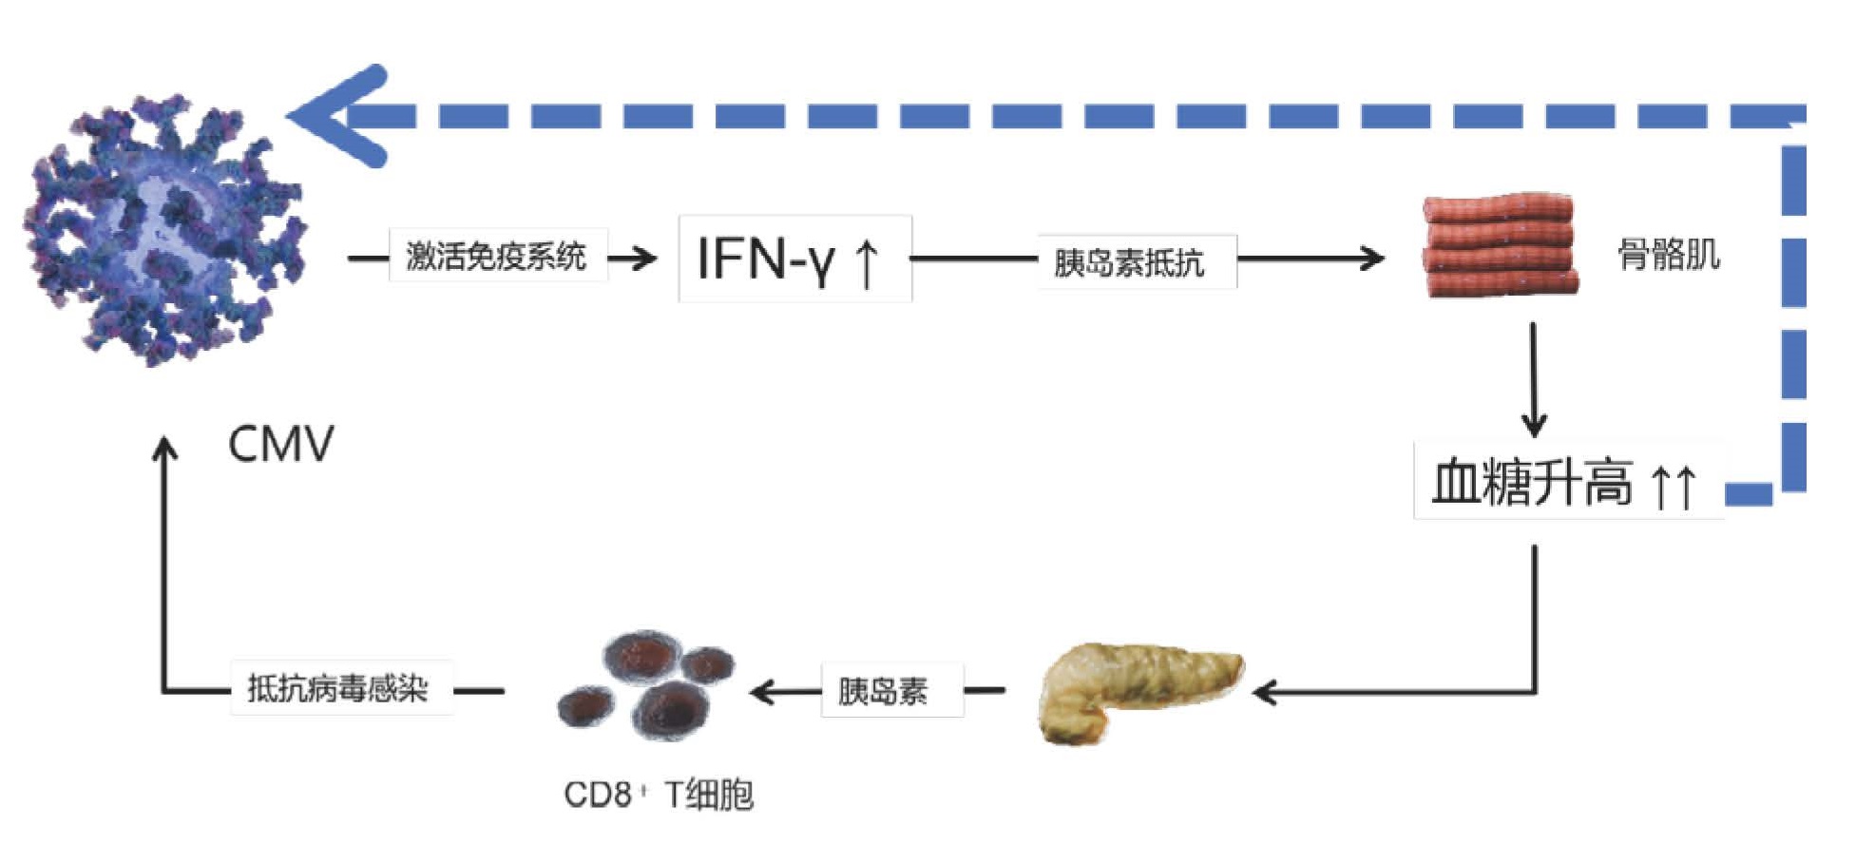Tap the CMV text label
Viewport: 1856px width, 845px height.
click(x=281, y=444)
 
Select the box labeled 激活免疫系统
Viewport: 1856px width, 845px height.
click(x=497, y=256)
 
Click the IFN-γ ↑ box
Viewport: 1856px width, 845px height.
click(x=794, y=259)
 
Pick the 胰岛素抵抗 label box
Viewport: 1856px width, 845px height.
click(x=1135, y=261)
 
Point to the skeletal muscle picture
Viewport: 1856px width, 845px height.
click(x=1499, y=246)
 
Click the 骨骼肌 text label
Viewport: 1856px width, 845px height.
click(x=1668, y=255)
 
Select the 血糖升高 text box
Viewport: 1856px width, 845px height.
click(x=1567, y=482)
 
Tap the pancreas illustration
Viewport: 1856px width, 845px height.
click(x=1137, y=690)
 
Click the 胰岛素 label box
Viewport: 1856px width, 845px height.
click(x=890, y=691)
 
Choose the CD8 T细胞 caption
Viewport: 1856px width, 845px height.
click(x=659, y=794)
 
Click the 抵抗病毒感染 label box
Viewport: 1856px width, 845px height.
click(x=340, y=688)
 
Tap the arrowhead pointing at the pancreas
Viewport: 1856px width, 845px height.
click(x=1265, y=692)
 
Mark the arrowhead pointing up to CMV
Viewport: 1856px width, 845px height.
click(x=165, y=449)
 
